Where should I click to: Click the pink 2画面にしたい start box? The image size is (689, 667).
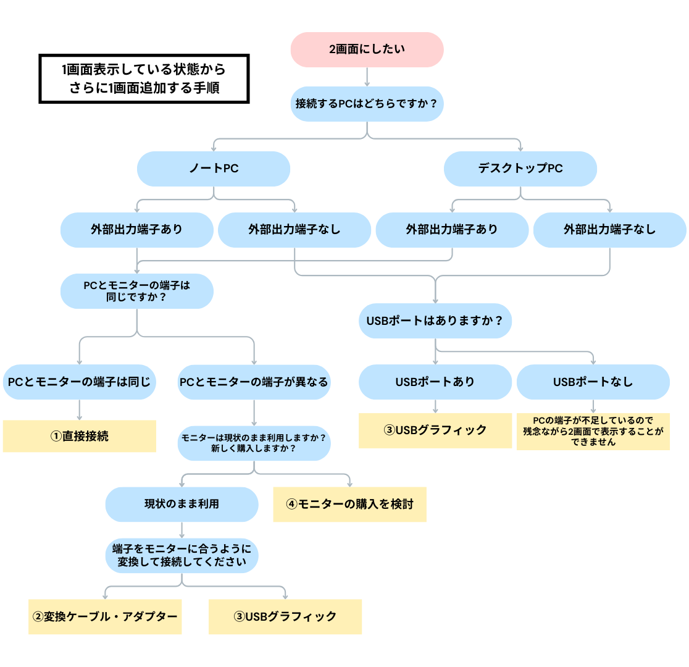click(x=367, y=49)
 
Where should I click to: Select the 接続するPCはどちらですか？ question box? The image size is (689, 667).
click(x=367, y=103)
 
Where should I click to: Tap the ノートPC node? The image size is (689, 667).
click(x=213, y=169)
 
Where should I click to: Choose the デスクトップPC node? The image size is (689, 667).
click(x=520, y=169)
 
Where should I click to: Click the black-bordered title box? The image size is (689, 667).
click(x=144, y=78)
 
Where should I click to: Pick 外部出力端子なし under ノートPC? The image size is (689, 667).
click(x=294, y=230)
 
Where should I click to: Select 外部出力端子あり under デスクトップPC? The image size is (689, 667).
click(x=452, y=230)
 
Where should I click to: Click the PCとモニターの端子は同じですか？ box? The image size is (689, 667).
click(x=136, y=291)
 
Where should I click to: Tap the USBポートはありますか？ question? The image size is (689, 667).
click(x=435, y=321)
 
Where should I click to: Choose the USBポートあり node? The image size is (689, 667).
click(x=435, y=382)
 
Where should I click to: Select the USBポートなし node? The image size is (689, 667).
click(x=593, y=382)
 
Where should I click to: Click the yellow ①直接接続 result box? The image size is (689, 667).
click(x=79, y=436)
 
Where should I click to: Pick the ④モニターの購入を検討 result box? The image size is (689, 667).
click(x=349, y=504)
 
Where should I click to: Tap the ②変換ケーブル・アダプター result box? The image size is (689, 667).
click(x=105, y=616)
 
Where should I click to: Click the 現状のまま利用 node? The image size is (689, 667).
click(x=182, y=504)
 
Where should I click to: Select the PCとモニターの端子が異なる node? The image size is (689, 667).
click(x=254, y=382)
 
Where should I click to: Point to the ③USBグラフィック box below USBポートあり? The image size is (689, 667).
click(x=435, y=430)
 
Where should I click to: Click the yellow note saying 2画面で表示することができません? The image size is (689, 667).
click(x=593, y=431)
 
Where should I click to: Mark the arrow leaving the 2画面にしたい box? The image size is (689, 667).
click(x=367, y=76)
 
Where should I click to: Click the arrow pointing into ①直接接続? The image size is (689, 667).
click(x=79, y=409)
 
